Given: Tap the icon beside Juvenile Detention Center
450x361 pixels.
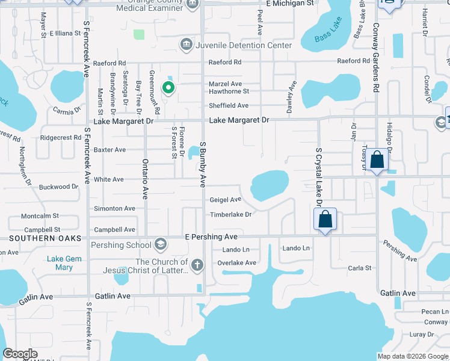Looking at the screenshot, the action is point(186,45).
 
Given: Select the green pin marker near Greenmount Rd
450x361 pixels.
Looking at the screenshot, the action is point(169,88).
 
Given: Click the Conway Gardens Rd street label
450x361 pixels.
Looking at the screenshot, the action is point(375,58).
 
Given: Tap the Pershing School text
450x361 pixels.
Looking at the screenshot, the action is point(121,245).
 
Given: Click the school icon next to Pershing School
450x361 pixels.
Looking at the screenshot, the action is point(160,244).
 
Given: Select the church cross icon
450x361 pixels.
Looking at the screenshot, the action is point(197,265).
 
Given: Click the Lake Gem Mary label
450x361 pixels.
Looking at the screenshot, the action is point(60,263).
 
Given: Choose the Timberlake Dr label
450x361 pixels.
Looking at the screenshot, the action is point(230,214).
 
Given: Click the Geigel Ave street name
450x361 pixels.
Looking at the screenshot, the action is point(225,200).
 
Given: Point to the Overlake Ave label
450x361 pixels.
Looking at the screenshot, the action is point(237,263).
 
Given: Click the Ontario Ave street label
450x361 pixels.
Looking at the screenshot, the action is point(145,179).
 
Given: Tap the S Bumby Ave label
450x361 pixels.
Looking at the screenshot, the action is point(203,164).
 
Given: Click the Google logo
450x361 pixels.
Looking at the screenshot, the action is point(20,354).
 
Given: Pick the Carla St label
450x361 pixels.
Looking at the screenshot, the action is point(359,268).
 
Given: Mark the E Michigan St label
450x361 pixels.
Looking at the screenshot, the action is point(290,4).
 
